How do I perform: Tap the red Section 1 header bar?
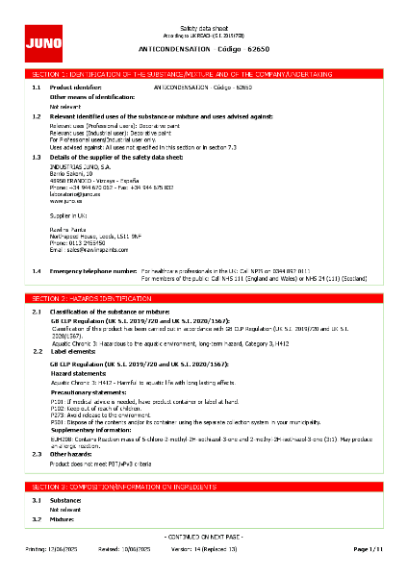pos(203,73)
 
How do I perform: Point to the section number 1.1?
pos(36,87)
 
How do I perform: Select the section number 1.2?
pos(36,115)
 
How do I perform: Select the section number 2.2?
pos(36,352)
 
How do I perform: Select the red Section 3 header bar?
pos(203,489)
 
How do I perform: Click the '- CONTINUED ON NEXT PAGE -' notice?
pos(203,536)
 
